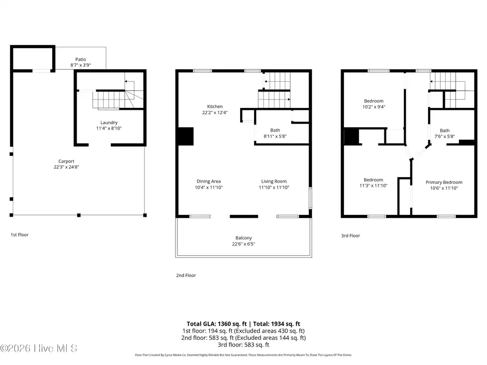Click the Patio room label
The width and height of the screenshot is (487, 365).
coord(80,59)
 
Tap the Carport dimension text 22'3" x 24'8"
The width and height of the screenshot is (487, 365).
coord(67,167)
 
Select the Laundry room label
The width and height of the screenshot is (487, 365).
coord(109,123)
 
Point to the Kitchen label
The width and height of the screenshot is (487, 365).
coord(215,106)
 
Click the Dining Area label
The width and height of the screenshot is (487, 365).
coord(209,181)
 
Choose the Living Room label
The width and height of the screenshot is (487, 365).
coord(274,181)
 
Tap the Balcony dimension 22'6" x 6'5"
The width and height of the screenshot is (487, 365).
coord(243,244)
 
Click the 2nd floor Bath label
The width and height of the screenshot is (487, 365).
coord(275,130)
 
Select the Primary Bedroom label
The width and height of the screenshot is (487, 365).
coord(444,182)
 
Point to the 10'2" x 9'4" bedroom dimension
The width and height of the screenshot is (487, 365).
coord(374,107)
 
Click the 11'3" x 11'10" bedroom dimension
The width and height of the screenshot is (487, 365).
coord(373,186)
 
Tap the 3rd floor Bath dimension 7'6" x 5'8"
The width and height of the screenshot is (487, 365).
coord(445,136)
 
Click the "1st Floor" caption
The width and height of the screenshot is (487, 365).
coord(19,235)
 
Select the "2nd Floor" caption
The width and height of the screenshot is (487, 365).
coord(186,275)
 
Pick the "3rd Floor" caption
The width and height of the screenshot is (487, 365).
coord(351,236)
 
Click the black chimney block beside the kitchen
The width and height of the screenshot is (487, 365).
coord(185,136)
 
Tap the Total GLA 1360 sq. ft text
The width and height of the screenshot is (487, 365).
coord(216,324)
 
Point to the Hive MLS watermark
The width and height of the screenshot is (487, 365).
coord(39,348)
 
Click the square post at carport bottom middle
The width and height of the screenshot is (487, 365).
coord(79,215)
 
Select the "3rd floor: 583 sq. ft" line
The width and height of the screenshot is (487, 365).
coord(243,345)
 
